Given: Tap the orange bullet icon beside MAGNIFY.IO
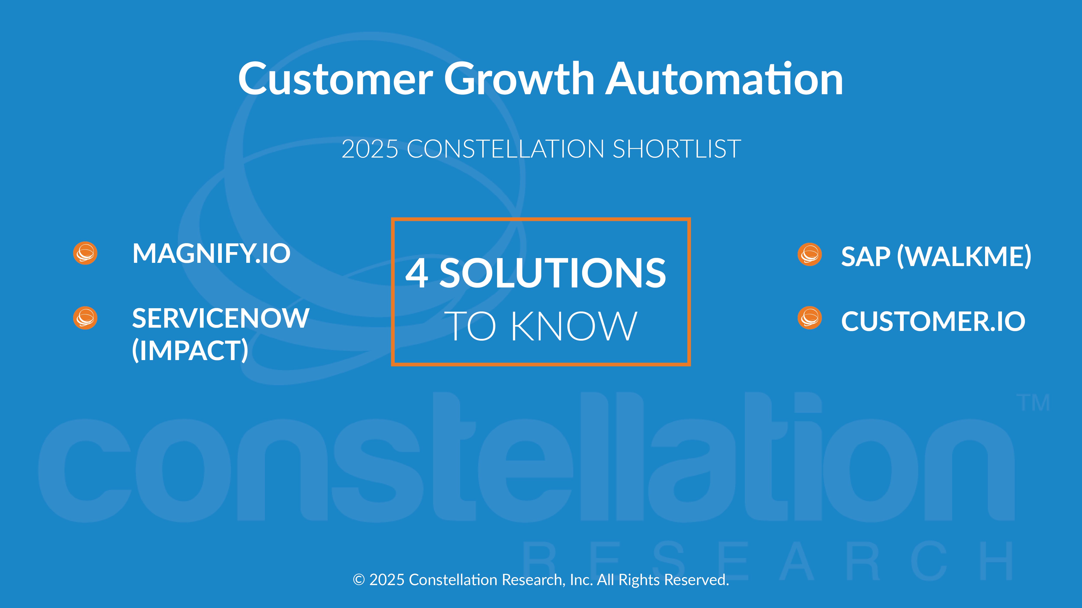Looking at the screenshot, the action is click(x=85, y=253).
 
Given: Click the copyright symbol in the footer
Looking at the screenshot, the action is click(x=359, y=580).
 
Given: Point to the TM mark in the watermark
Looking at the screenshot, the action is click(x=1033, y=403).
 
